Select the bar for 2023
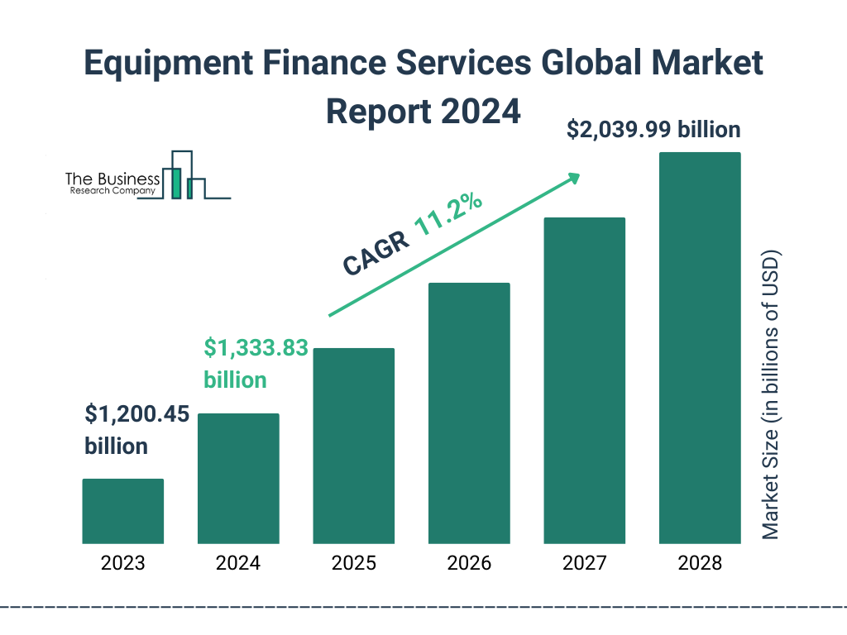122,511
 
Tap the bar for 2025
353,446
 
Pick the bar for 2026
469,413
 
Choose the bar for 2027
584,380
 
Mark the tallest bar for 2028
700,347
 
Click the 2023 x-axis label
122,564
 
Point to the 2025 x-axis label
353,564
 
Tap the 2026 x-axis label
469,564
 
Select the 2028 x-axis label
700,564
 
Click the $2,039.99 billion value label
653,130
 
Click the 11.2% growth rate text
448,216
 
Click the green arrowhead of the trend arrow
572,178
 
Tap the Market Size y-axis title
771,394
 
